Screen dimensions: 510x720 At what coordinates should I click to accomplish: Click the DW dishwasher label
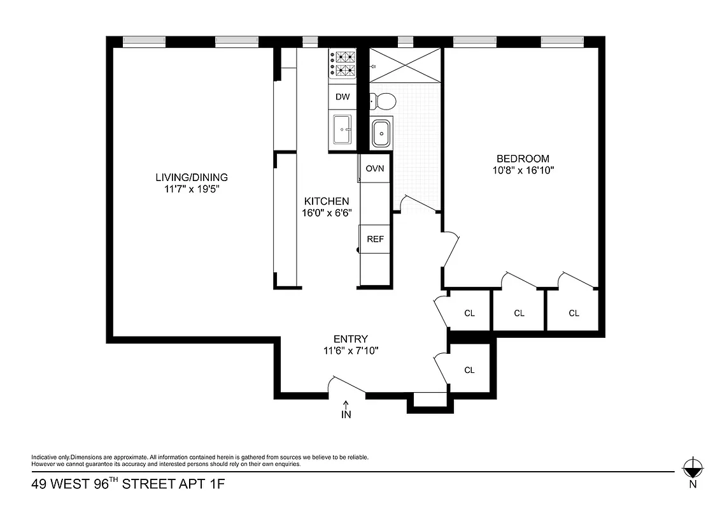click(x=342, y=98)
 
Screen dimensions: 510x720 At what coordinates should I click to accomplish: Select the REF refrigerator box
click(x=374, y=239)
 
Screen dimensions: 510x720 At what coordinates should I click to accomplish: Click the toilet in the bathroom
click(x=383, y=100)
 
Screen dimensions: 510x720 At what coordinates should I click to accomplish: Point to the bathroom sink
click(x=382, y=133)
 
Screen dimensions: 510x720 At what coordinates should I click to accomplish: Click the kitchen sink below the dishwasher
click(x=343, y=131)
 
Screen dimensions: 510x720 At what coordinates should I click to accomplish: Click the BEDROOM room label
click(x=523, y=159)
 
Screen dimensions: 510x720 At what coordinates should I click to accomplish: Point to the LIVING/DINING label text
click(x=192, y=177)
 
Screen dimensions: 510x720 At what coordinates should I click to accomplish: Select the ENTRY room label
click(x=351, y=339)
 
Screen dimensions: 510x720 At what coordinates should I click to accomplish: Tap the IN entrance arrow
click(x=346, y=410)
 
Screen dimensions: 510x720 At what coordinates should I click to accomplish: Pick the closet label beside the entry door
click(x=469, y=370)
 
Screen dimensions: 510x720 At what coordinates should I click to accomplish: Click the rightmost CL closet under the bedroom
click(x=574, y=313)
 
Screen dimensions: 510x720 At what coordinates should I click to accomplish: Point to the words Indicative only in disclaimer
click(x=50, y=457)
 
